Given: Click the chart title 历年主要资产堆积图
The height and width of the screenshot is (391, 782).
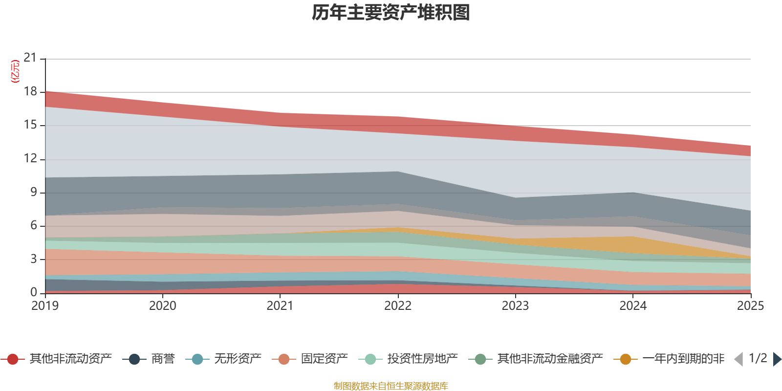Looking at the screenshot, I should click(x=391, y=13).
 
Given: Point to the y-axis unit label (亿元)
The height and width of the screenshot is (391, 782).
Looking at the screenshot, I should click(x=16, y=71).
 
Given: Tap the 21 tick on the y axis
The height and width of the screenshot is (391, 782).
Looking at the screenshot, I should click(x=30, y=58).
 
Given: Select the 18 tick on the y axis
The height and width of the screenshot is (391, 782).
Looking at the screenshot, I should click(x=30, y=91).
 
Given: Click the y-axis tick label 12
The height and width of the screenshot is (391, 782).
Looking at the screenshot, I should click(x=30, y=158).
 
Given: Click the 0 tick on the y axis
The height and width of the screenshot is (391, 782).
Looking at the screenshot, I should click(x=33, y=292).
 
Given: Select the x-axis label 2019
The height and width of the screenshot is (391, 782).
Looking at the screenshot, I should click(x=45, y=306).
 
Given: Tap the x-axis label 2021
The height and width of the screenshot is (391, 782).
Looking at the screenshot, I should click(x=280, y=306).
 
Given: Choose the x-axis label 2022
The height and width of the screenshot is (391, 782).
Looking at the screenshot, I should click(x=398, y=306).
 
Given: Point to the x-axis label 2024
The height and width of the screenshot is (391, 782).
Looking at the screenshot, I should click(x=633, y=306).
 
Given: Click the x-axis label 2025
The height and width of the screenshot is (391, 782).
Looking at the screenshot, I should click(x=750, y=306).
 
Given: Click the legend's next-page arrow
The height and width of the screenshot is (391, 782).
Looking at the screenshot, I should click(x=777, y=359).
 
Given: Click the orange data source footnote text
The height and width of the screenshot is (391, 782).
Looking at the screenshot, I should click(x=391, y=386).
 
